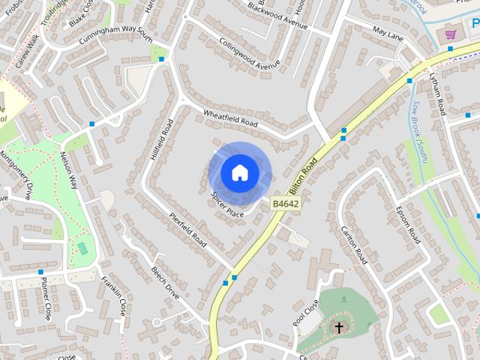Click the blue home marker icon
[x=239, y=172]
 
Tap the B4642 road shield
[x=285, y=203]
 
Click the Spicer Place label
[x=227, y=203]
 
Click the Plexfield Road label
[x=187, y=229]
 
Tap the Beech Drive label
[x=165, y=282]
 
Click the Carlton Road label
[x=354, y=244]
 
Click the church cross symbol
[x=339, y=328]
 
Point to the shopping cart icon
[x=451, y=34]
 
